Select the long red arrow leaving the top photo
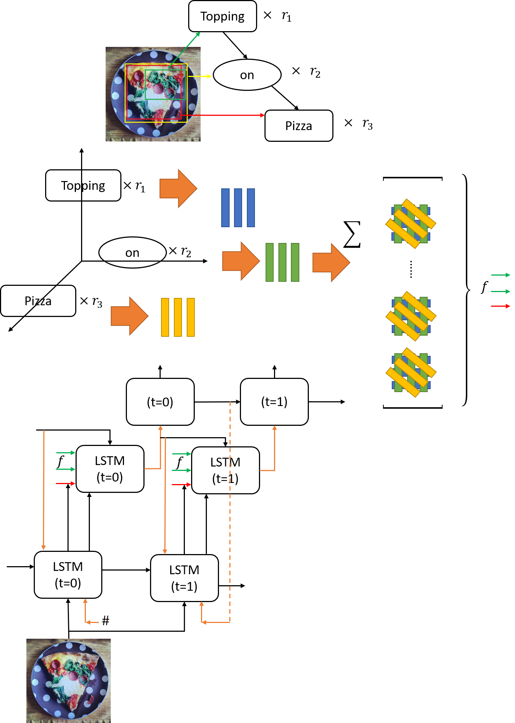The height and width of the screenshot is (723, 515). pyautogui.click(x=224, y=115)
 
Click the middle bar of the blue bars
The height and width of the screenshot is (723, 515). pyautogui.click(x=238, y=208)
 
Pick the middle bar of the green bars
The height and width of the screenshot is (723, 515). pyautogui.click(x=282, y=262)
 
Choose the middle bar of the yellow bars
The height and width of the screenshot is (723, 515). pyautogui.click(x=178, y=317)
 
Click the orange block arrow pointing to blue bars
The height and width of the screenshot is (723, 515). pyautogui.click(x=178, y=189)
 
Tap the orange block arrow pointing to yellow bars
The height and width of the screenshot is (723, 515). pyautogui.click(x=129, y=316)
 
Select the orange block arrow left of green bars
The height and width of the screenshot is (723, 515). pyautogui.click(x=241, y=261)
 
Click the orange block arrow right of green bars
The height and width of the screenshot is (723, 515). pyautogui.click(x=331, y=262)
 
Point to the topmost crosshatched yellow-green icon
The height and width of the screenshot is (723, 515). pyautogui.click(x=410, y=224)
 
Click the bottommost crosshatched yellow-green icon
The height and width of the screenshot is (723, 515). pyautogui.click(x=411, y=372)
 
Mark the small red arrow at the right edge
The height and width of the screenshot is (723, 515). pyautogui.click(x=500, y=306)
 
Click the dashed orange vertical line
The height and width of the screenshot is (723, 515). pyautogui.click(x=230, y=513)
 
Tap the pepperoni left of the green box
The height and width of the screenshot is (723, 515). pyautogui.click(x=139, y=76)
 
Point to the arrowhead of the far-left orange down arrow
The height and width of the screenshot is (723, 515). pyautogui.click(x=44, y=547)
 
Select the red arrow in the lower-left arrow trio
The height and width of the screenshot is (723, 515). pyautogui.click(x=65, y=484)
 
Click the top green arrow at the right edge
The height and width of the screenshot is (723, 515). pyautogui.click(x=500, y=275)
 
